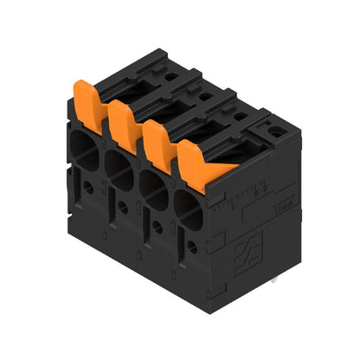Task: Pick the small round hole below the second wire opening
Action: click(123, 208)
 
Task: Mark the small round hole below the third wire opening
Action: click(157, 228)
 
